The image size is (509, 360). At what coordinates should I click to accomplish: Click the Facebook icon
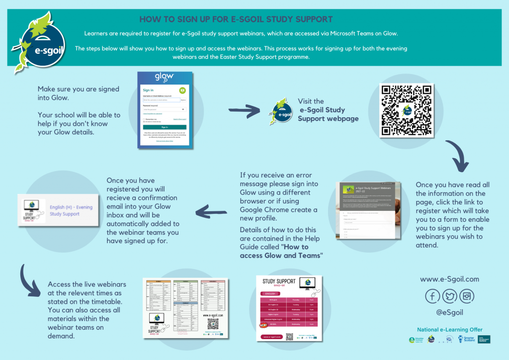tap(433, 297)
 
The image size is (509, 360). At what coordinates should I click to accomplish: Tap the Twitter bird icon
tap(450, 297)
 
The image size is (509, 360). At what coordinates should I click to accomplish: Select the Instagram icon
tap(467, 297)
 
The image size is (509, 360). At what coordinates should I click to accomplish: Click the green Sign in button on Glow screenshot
tap(164, 127)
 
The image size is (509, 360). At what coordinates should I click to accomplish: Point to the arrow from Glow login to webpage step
tap(244, 111)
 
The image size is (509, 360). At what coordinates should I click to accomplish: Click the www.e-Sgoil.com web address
tap(450, 279)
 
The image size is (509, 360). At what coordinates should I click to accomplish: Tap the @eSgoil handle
tap(450, 314)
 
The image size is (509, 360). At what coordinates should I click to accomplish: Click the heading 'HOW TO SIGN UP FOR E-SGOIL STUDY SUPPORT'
tap(236, 20)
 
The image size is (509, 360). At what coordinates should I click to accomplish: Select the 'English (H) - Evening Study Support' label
tap(71, 210)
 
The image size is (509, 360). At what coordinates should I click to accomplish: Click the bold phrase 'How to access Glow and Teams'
tap(281, 251)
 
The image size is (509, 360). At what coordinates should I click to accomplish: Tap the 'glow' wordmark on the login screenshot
tap(164, 78)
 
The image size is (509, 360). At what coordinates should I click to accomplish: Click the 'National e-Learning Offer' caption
tap(450, 330)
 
